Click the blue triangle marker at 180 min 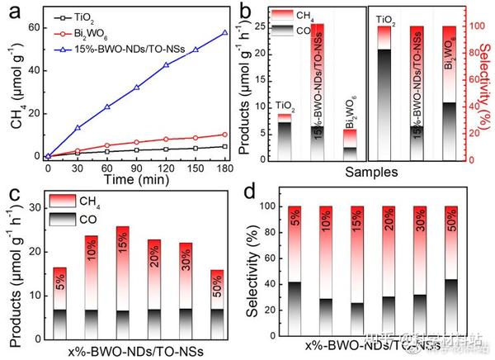(224, 33)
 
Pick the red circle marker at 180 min (224, 135)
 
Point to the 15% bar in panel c (123, 273)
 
